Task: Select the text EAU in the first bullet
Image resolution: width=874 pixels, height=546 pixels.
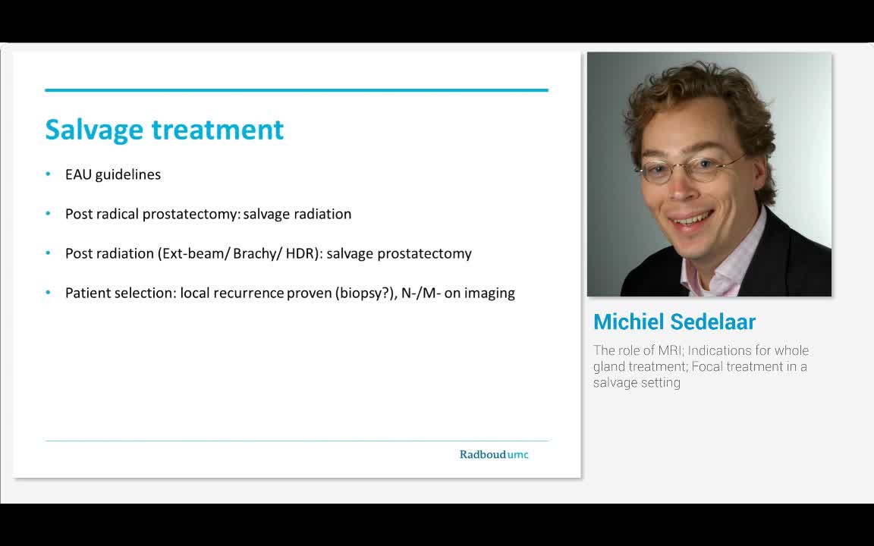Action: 78,174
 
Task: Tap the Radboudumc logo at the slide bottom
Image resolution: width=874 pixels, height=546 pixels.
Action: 494,454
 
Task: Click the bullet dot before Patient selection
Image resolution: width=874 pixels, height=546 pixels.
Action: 48,293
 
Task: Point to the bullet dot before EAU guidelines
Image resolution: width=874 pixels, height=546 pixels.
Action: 48,174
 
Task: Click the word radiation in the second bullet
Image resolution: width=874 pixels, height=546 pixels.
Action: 322,214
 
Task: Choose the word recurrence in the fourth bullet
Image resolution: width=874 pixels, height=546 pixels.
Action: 248,293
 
